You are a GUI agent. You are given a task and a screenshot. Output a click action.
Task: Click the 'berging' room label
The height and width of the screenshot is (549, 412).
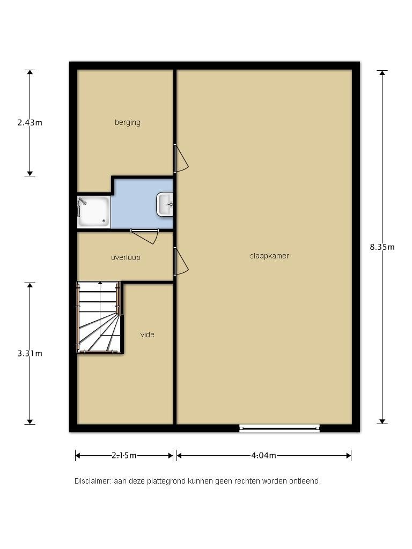127,122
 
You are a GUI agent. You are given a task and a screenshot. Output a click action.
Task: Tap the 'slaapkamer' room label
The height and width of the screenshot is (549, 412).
269,256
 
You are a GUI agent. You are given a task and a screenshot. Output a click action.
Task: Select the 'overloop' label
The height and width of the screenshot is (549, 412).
126,257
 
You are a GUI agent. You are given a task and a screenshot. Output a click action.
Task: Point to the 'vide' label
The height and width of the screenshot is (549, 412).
147,335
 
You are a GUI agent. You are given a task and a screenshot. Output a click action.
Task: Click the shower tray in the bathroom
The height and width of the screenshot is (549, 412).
94,212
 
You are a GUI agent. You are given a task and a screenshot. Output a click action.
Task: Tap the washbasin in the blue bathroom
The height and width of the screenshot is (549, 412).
165,205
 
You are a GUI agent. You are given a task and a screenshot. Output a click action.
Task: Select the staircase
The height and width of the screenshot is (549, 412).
99,318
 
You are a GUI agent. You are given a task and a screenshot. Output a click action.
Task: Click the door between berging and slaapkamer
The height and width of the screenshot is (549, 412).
181,159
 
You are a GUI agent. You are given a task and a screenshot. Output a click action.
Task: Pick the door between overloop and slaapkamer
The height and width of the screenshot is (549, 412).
181,262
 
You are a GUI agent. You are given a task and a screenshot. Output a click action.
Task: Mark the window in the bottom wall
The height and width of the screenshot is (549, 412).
279,428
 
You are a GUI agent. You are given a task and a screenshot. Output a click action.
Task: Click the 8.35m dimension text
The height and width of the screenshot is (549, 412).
382,247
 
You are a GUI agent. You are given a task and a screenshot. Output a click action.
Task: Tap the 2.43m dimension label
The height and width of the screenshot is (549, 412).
30,122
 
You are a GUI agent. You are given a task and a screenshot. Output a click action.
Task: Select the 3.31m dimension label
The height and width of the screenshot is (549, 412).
30,353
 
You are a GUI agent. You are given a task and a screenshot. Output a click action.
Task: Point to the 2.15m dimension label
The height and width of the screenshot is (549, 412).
124,456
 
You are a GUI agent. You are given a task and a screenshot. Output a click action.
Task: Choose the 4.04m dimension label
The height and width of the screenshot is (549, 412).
263,456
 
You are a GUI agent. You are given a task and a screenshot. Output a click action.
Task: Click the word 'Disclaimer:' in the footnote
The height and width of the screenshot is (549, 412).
93,481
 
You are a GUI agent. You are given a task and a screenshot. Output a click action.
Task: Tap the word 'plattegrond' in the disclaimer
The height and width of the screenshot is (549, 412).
171,481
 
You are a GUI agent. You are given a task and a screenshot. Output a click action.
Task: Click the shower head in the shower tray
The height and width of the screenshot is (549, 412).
82,202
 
